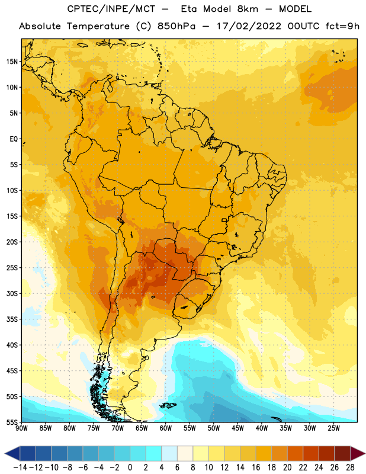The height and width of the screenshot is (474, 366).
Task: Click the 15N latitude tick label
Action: (x=12, y=62)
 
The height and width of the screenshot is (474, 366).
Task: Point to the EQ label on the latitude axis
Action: (x=14, y=139)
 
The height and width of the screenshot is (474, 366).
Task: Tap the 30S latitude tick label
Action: (x=12, y=293)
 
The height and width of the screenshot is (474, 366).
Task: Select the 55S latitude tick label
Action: (x=12, y=422)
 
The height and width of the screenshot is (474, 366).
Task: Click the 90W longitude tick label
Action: (x=21, y=428)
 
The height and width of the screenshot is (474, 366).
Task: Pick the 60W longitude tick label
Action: (x=166, y=428)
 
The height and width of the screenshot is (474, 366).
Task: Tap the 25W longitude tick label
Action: (x=333, y=428)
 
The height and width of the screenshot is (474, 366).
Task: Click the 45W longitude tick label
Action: (x=237, y=428)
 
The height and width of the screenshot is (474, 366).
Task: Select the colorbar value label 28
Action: (x=350, y=467)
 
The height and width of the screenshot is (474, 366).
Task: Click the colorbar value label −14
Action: (x=20, y=467)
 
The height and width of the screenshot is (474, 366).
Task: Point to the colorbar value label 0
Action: (x=130, y=467)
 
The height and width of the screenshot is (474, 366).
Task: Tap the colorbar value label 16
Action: (x=256, y=467)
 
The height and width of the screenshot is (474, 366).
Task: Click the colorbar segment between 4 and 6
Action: (x=169, y=453)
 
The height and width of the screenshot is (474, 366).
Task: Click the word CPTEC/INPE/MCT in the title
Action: (x=111, y=9)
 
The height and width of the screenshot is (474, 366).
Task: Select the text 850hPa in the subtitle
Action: (x=176, y=26)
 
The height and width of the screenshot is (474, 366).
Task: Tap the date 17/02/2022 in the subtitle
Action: (x=249, y=26)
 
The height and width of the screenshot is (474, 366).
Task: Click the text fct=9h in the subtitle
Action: (x=342, y=26)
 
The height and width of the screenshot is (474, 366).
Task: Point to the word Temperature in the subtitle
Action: (x=98, y=27)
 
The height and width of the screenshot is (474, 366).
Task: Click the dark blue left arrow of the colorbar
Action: (x=12, y=453)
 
